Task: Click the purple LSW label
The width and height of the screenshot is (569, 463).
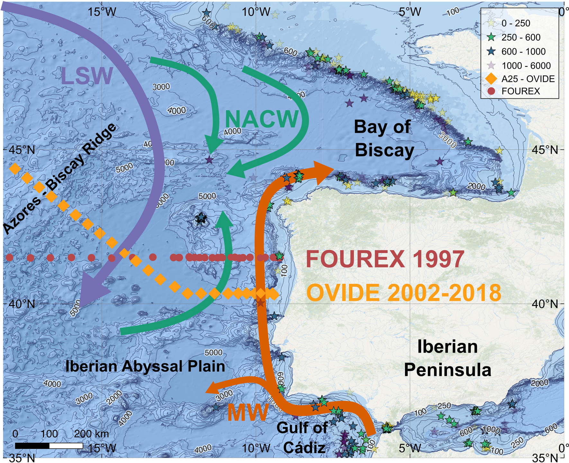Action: click(87, 76)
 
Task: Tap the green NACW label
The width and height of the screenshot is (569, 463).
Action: click(262, 119)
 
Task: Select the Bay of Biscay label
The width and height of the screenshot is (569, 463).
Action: click(384, 138)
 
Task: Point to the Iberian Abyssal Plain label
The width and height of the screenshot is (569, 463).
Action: click(145, 366)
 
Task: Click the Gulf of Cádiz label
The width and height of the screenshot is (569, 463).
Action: click(303, 438)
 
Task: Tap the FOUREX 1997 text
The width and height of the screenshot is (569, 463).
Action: click(385, 259)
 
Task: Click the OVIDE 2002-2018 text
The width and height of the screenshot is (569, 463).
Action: click(404, 293)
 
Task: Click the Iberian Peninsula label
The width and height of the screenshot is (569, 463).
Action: click(447, 358)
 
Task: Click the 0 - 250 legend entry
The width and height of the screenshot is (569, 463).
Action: click(515, 23)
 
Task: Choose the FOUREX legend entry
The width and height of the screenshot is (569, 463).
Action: click(520, 91)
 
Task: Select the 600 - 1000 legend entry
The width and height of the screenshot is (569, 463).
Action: click(523, 51)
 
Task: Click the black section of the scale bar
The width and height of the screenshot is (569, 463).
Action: click(32, 446)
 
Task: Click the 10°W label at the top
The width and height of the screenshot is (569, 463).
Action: click(256, 12)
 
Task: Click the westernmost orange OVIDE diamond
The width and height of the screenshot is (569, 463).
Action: click(15, 168)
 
